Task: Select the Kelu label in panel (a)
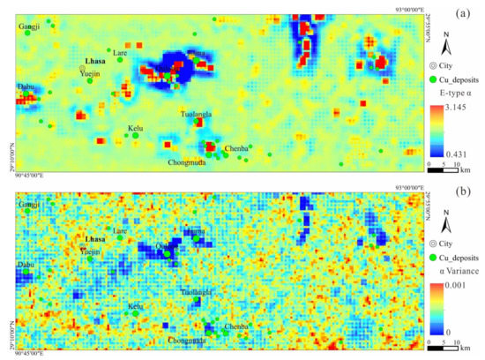tap(136, 128)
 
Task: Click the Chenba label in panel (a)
tap(236, 148)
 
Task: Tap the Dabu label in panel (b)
tap(26, 262)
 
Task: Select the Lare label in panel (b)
tap(120, 230)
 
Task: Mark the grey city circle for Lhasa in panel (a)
tap(82, 68)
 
